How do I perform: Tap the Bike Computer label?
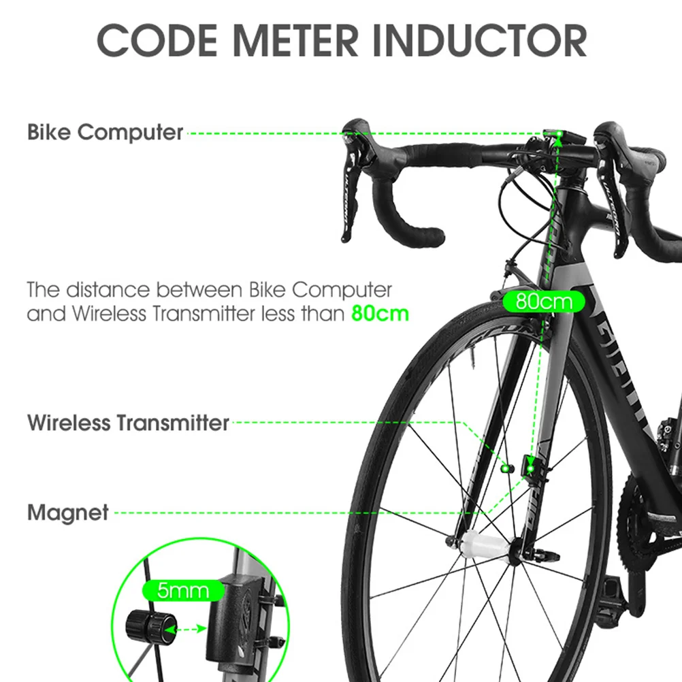(x=105, y=132)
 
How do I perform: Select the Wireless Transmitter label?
(x=128, y=423)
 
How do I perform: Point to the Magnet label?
(x=68, y=513)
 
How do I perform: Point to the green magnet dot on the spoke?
(x=505, y=468)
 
